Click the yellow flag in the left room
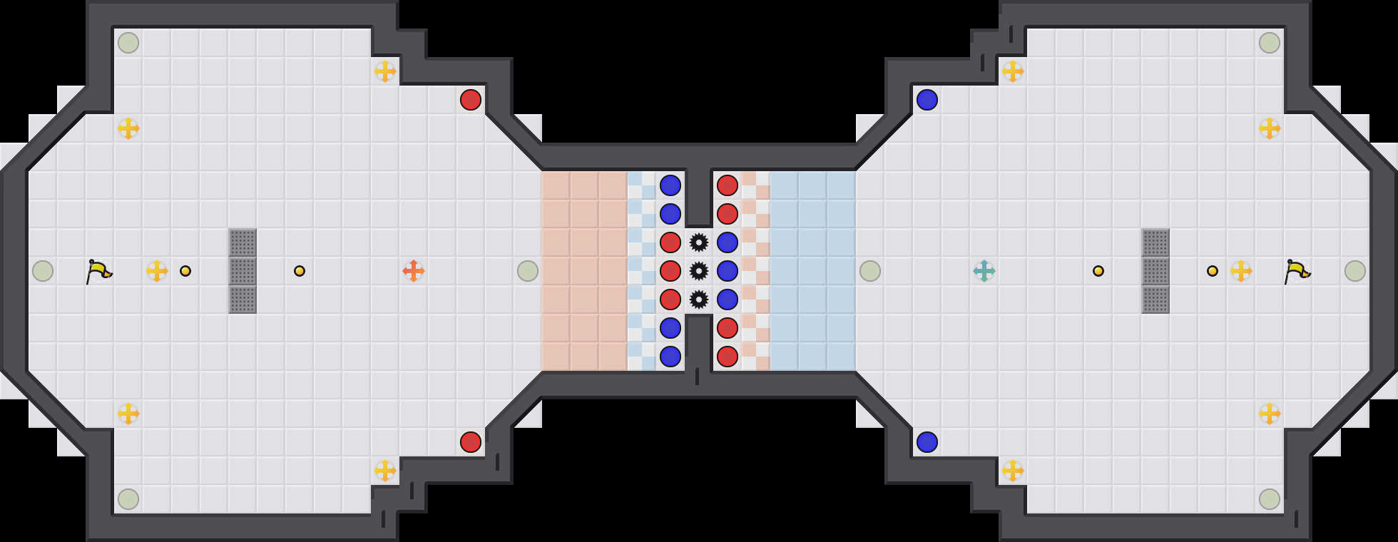[x=98, y=271]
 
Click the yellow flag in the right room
[x=1297, y=271]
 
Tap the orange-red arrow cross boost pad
[x=414, y=271]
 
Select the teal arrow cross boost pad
[x=984, y=271]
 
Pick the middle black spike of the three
[x=699, y=271]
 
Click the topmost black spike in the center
[x=699, y=242]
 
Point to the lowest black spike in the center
[x=699, y=300]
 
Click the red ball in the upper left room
[x=471, y=100]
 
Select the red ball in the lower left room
[x=471, y=442]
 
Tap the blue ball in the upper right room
[x=927, y=100]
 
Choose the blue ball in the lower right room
[x=927, y=442]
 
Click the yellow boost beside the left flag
[x=157, y=271]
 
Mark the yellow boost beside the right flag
[x=1241, y=271]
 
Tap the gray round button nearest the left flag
[x=43, y=271]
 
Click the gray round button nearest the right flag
[x=1355, y=271]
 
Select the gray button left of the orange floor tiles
[x=528, y=271]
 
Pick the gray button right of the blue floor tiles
[x=870, y=271]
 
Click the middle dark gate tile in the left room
[x=243, y=271]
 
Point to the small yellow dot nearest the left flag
[x=185, y=271]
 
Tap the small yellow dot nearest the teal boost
[x=1098, y=271]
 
